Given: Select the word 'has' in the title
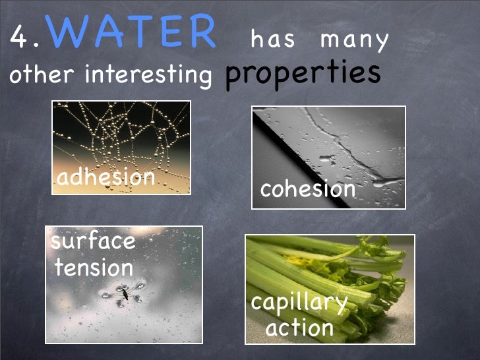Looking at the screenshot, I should tap(273, 41).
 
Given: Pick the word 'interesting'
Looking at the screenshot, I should tap(148, 75).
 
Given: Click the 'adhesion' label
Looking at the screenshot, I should tap(105, 177).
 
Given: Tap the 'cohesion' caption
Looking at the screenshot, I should tap(307, 189).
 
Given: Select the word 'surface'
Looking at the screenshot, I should tap(94, 241).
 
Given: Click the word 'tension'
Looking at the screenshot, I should tap(94, 268).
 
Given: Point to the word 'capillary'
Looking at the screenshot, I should tap(299, 304).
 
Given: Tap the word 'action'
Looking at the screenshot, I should tap(299, 328).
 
